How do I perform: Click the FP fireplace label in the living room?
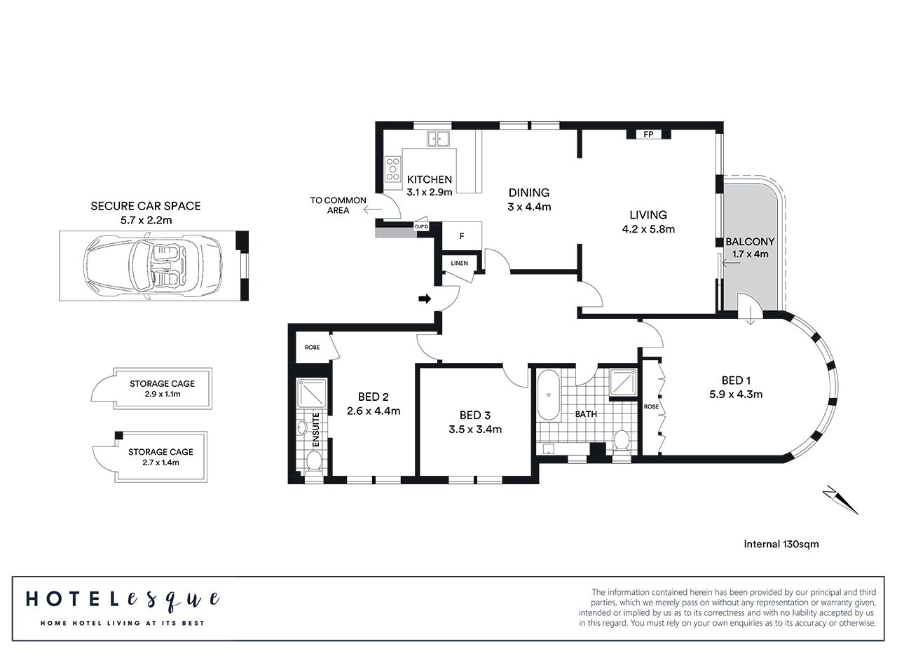tap(648, 135)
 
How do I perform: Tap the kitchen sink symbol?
tap(439, 139)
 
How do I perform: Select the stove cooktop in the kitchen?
tap(391, 167)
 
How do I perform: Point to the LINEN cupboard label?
tap(459, 263)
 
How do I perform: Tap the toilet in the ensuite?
tap(313, 460)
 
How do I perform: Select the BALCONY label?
tap(750, 241)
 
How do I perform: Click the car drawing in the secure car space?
tap(153, 266)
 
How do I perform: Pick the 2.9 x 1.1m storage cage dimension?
tap(162, 394)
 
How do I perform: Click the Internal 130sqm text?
tap(781, 543)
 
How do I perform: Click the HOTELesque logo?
tap(123, 599)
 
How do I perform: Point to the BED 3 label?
tap(475, 415)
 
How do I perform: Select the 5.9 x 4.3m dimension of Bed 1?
tap(735, 394)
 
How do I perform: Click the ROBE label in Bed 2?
tap(312, 348)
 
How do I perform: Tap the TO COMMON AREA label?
tap(338, 205)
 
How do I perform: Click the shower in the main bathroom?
tap(622, 382)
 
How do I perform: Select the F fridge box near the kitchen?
tap(461, 236)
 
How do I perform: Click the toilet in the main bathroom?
tap(620, 441)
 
